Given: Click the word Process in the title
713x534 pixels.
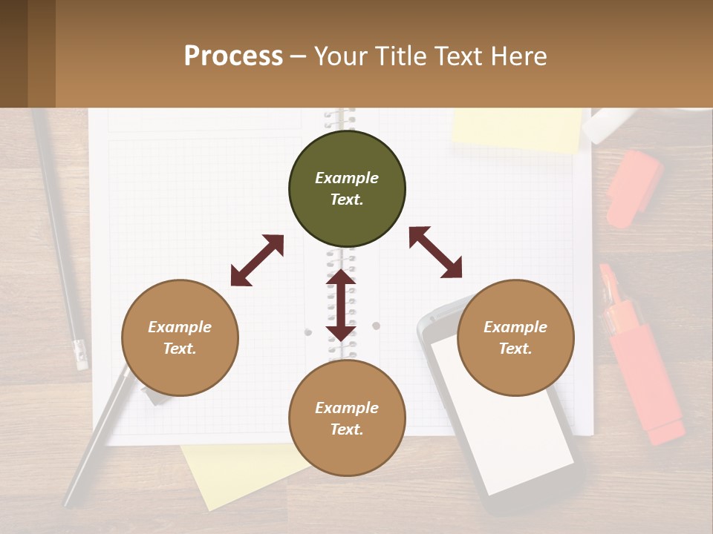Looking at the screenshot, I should click(x=233, y=56).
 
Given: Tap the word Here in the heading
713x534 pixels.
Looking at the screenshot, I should click(x=518, y=56).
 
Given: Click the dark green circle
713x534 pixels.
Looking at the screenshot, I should click(x=347, y=189).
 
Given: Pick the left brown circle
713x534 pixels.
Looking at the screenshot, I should click(x=180, y=337).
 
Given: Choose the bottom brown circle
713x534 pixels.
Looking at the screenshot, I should click(x=347, y=418).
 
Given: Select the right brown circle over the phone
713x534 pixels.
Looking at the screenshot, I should click(x=515, y=337).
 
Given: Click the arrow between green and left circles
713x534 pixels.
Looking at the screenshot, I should click(x=257, y=260).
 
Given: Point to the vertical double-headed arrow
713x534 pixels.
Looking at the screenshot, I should click(x=341, y=305).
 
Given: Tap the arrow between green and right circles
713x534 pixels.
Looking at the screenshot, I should click(x=435, y=252).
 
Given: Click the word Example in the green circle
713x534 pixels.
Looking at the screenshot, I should click(x=347, y=178).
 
